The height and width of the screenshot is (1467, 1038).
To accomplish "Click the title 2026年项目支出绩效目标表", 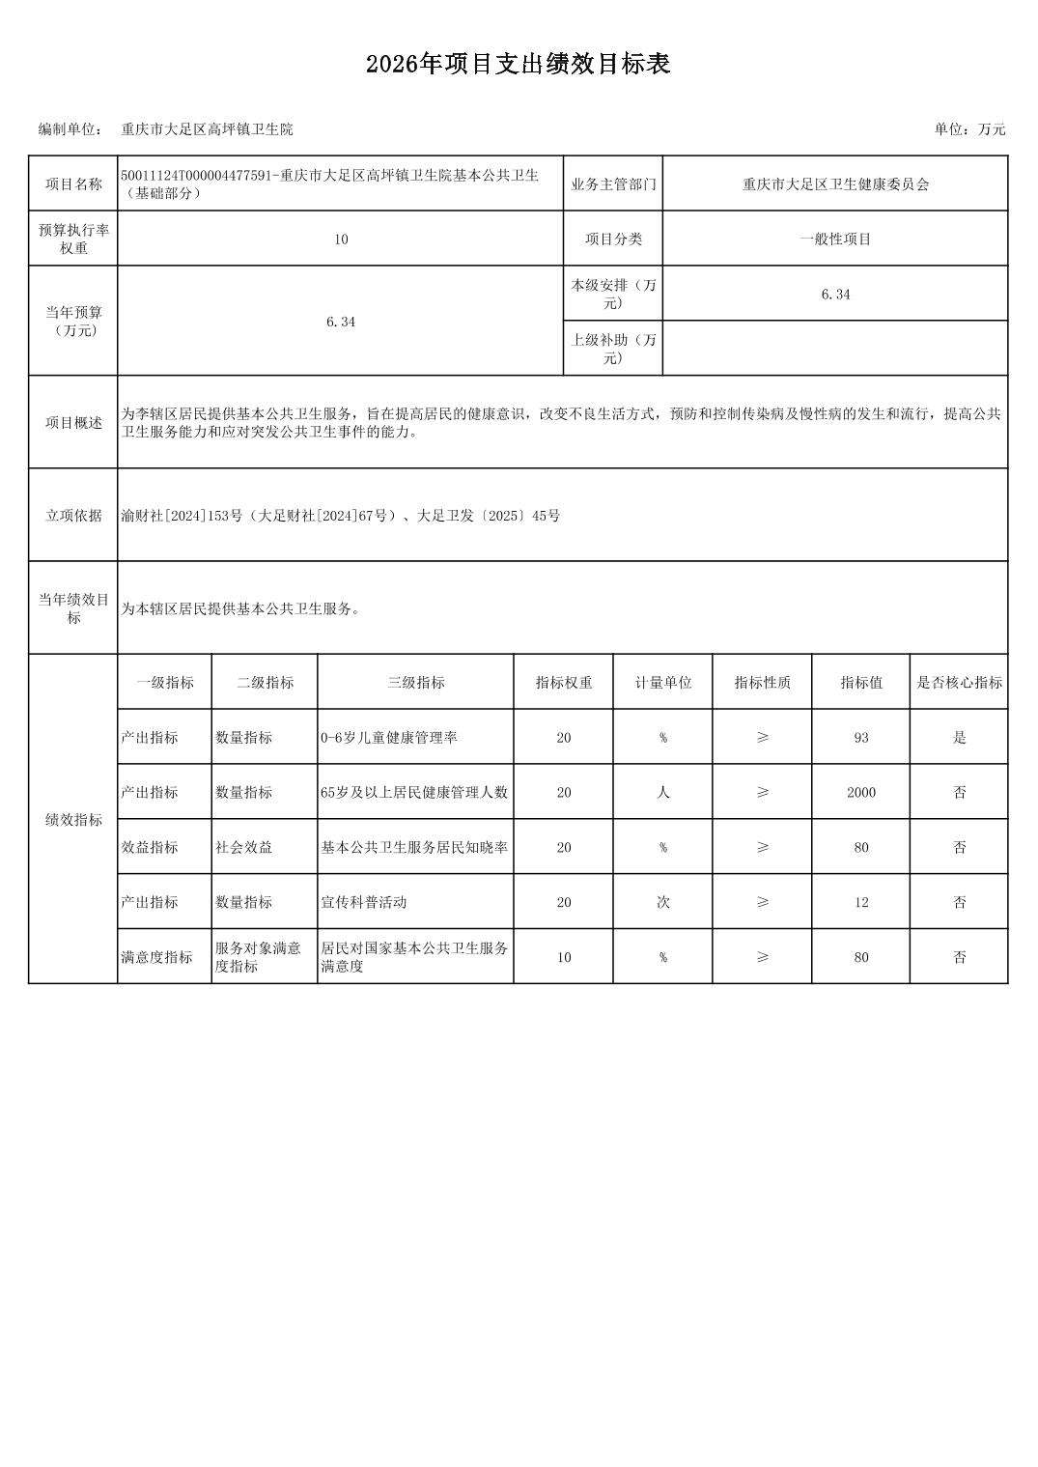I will [518, 65].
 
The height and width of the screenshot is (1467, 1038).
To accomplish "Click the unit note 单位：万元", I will [969, 129].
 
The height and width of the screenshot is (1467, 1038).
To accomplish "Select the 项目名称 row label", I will [73, 184].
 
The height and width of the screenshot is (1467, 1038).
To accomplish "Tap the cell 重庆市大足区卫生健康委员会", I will [835, 184].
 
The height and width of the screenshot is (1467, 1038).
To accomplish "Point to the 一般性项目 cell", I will [835, 240].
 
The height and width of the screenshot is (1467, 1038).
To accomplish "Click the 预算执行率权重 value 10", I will [341, 240].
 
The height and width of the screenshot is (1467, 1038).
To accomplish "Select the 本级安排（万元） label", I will [613, 294].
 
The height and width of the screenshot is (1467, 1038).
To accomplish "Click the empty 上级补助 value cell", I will [835, 349].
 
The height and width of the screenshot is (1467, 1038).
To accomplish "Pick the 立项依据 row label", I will [73, 516].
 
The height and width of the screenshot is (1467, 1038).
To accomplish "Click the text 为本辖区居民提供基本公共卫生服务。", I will [241, 609].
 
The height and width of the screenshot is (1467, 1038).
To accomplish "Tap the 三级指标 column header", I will [415, 683].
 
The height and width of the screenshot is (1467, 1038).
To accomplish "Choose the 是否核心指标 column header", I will [959, 683].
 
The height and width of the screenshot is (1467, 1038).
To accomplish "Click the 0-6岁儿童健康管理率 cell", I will [389, 738].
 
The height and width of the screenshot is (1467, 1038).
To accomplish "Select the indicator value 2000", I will [860, 793].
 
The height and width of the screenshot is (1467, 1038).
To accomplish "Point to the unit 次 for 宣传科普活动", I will [663, 902].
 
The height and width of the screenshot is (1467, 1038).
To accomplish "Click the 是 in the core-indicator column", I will [959, 738].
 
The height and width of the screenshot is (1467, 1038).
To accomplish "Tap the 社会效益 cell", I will [243, 848].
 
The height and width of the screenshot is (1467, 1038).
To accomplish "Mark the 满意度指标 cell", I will [156, 957].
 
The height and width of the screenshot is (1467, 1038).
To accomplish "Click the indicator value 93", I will [860, 738].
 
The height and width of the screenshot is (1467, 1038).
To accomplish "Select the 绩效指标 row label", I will [73, 820].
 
